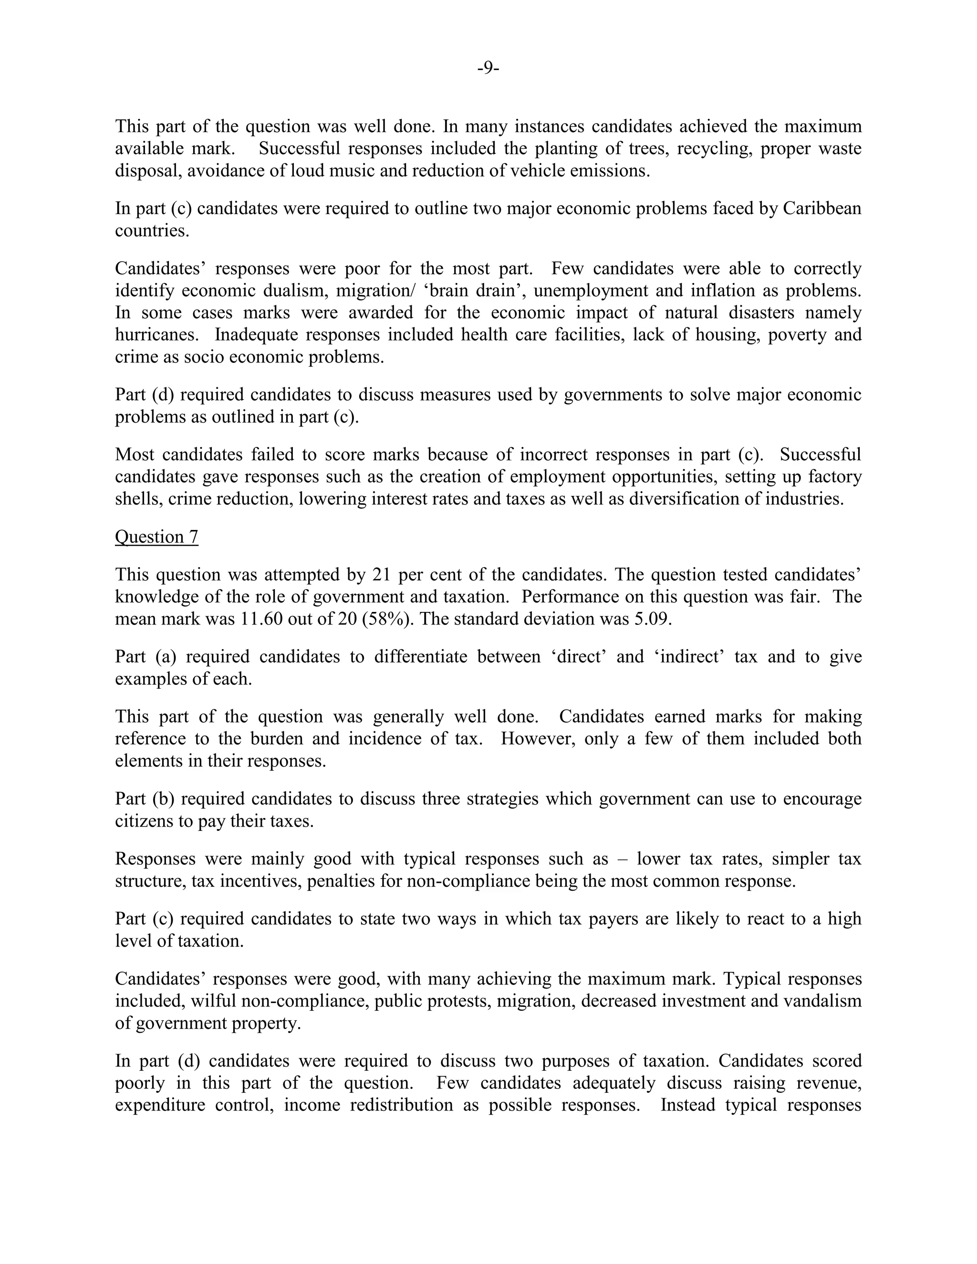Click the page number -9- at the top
(488, 68)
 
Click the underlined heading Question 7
(156, 537)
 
